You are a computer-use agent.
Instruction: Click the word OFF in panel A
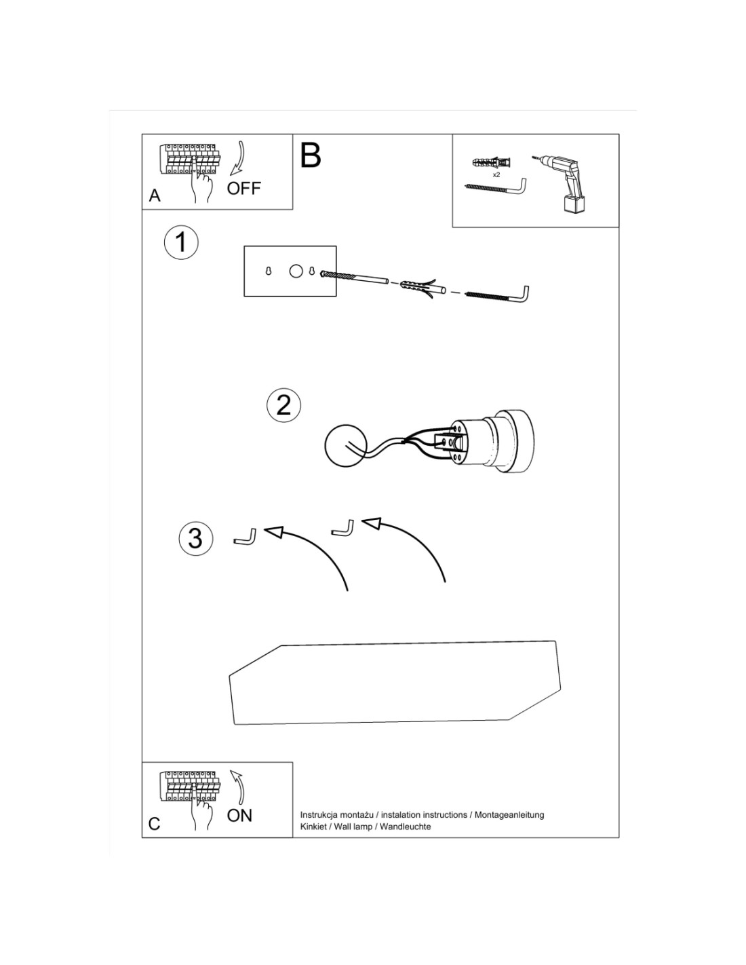tap(243, 188)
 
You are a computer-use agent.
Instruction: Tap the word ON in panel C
tap(239, 815)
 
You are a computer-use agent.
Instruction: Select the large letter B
tap(310, 155)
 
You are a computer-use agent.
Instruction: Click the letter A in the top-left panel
tap(155, 195)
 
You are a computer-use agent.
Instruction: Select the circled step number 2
tap(283, 405)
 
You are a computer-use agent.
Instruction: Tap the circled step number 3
tap(196, 537)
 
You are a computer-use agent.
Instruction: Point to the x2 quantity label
tap(496, 174)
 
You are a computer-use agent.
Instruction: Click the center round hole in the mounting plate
tap(296, 271)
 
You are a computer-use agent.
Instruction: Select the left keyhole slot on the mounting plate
tap(268, 271)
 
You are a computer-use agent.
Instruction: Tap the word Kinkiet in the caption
tap(313, 827)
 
